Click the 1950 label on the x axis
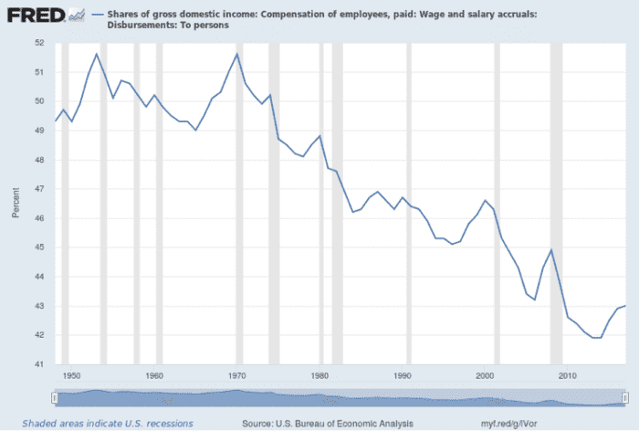[x=72, y=374]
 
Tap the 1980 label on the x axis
[x=319, y=374]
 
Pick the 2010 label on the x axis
[x=568, y=374]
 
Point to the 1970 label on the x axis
[x=237, y=374]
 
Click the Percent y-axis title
[x=16, y=203]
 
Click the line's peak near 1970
[x=237, y=54]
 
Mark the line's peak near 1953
[x=97, y=54]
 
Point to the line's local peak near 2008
[x=551, y=250]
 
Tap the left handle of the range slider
[x=56, y=397]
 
